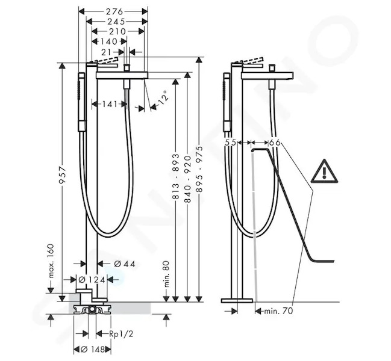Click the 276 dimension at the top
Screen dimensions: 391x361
pyautogui.click(x=114, y=11)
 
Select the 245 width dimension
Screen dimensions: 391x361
pyautogui.click(x=116, y=22)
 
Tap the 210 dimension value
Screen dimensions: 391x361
pyautogui.click(x=117, y=31)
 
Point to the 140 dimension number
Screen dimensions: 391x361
pyautogui.click(x=109, y=42)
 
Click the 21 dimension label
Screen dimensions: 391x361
pyautogui.click(x=106, y=52)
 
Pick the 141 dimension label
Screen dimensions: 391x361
pyautogui.click(x=110, y=104)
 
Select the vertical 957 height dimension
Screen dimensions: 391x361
pyautogui.click(x=62, y=174)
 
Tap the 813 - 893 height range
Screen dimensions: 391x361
pyautogui.click(x=176, y=176)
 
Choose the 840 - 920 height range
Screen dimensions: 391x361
pyautogui.click(x=187, y=179)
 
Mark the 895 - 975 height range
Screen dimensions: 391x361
pyautogui.click(x=199, y=169)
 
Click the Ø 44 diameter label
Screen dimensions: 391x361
pyautogui.click(x=125, y=264)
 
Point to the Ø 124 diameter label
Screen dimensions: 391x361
pyautogui.click(x=92, y=280)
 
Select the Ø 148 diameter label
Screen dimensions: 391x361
pyautogui.click(x=93, y=350)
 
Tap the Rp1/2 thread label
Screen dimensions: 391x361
pyautogui.click(x=122, y=333)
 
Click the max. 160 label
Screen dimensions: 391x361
pyautogui.click(x=51, y=261)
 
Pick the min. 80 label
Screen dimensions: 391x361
pyautogui.click(x=166, y=274)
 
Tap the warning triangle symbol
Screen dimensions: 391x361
pyautogui.click(x=324, y=171)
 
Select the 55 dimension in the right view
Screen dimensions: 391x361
pyautogui.click(x=230, y=143)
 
